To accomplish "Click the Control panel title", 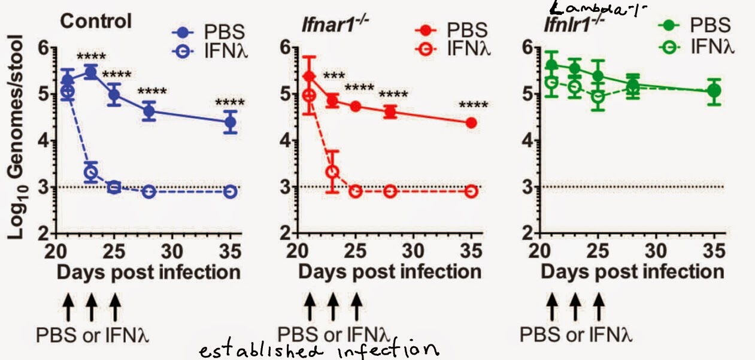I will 95,22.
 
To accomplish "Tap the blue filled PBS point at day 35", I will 230,123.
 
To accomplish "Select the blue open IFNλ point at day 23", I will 90,173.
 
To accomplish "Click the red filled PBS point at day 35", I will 471,123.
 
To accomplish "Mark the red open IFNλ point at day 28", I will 390,192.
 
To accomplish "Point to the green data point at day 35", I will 713,91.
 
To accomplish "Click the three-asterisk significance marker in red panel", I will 334,78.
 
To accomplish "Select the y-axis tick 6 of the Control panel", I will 44,48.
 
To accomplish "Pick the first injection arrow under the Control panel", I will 68,309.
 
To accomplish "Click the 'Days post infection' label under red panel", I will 390,272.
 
